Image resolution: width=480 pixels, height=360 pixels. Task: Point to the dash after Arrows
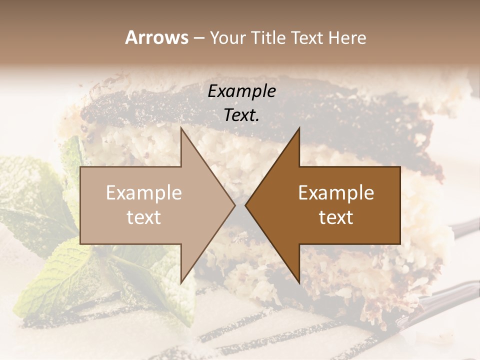click(x=198, y=38)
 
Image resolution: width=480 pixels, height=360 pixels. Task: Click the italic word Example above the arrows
click(x=242, y=91)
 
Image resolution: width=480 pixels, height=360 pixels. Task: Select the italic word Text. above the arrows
click(x=242, y=115)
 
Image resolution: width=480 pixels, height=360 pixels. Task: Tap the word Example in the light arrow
click(x=144, y=193)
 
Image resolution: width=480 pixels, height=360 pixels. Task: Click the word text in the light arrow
click(x=144, y=217)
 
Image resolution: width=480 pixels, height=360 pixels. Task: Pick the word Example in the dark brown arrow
click(x=336, y=193)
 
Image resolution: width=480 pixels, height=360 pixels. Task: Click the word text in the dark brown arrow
click(x=336, y=217)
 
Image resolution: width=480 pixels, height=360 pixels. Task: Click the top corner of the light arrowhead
click(x=181, y=128)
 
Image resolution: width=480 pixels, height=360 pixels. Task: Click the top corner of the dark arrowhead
click(x=299, y=128)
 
